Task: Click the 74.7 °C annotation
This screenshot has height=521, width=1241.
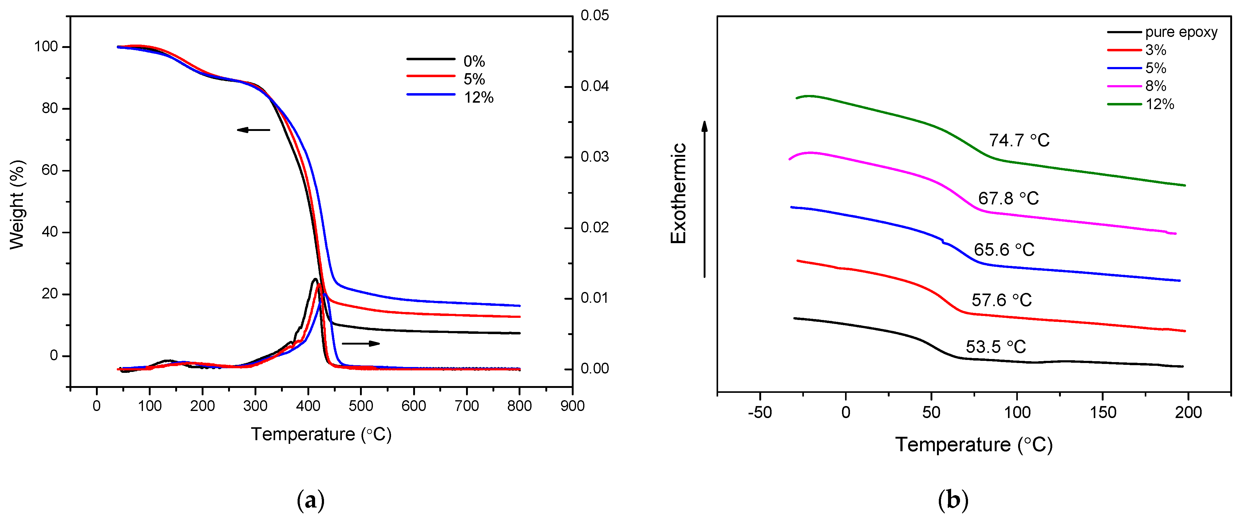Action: pyautogui.click(x=1019, y=140)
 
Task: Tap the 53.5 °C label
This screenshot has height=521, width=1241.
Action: pyautogui.click(x=995, y=347)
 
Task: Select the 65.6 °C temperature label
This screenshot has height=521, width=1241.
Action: pyautogui.click(x=1004, y=249)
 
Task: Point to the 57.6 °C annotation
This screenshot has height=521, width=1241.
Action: pyautogui.click(x=1001, y=300)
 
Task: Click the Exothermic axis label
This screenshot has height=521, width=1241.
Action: pyautogui.click(x=678, y=193)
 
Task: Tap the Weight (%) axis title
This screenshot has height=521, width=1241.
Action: pyautogui.click(x=17, y=205)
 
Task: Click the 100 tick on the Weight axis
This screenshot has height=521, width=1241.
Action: pyautogui.click(x=46, y=47)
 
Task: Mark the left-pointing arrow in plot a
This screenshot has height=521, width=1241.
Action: pyautogui.click(x=253, y=129)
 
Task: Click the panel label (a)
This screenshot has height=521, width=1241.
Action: pyautogui.click(x=311, y=500)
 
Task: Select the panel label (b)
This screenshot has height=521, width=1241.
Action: pyautogui.click(x=953, y=500)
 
